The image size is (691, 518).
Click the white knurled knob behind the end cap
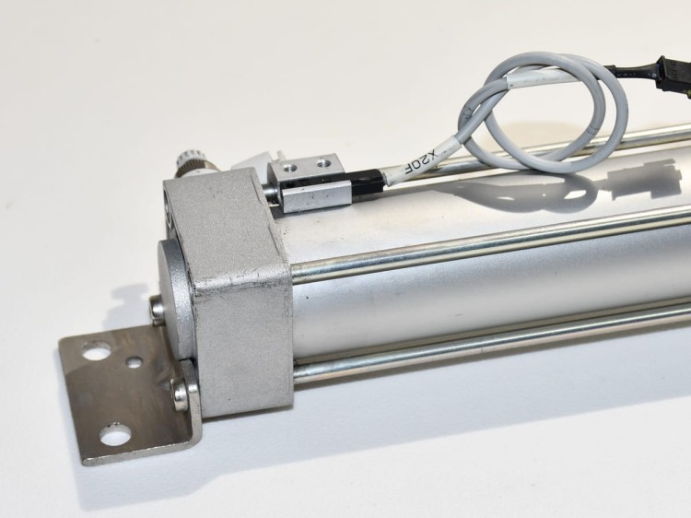tap(189, 163)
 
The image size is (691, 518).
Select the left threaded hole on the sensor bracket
tap(289, 166)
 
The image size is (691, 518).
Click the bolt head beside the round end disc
tap(156, 310)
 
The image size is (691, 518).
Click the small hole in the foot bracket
tap(134, 362)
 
